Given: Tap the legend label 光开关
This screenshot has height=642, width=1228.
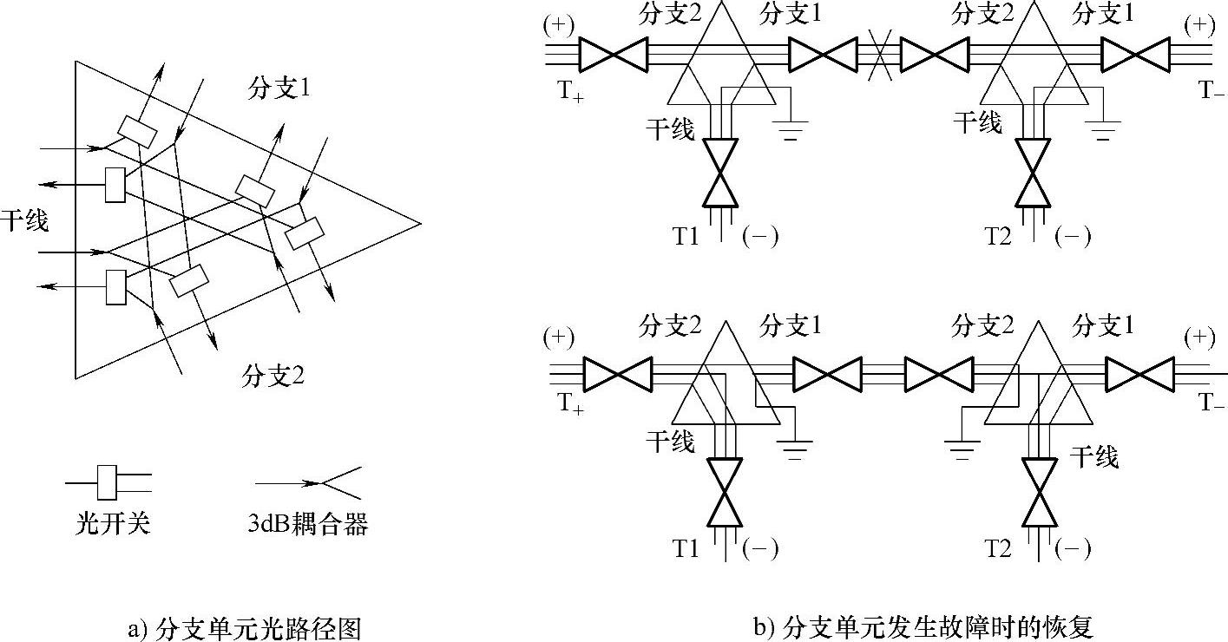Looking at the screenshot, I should point(113,525).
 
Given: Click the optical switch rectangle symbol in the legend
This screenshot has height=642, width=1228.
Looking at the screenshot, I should point(108,482).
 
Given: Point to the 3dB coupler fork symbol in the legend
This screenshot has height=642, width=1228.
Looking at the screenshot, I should point(334,481).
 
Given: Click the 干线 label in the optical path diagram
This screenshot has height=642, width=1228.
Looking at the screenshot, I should point(24,220).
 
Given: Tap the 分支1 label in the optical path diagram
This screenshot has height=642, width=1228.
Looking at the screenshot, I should point(279,89).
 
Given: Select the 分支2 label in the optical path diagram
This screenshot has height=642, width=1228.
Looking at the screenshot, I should point(274,377).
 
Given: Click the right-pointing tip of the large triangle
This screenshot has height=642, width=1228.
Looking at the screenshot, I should point(420,223).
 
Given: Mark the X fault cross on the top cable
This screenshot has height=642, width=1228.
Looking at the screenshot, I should point(880,56).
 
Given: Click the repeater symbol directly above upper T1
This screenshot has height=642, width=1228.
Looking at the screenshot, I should point(719,173).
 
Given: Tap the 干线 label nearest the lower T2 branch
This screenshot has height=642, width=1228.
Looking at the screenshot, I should point(1094,455).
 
